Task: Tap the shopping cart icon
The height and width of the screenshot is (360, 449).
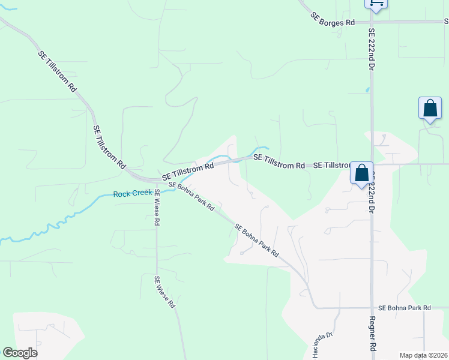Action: coord(375,3)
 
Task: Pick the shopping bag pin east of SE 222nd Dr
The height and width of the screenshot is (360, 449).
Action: coord(430,109)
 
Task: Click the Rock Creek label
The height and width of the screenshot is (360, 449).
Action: coord(132,194)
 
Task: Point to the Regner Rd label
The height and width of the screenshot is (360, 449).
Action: coord(373,334)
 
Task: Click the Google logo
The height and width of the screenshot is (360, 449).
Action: coord(20,353)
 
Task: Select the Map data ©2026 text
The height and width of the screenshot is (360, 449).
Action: coord(423,355)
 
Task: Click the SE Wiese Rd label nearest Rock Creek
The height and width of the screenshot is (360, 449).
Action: coord(157,207)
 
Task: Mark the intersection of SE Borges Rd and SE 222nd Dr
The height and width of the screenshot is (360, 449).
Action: coord(372,22)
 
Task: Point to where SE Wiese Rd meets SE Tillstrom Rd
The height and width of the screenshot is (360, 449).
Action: coord(155,180)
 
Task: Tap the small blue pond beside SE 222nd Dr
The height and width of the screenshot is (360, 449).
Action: coord(367,91)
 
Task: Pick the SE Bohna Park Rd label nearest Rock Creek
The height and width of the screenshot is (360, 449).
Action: coord(191,196)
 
